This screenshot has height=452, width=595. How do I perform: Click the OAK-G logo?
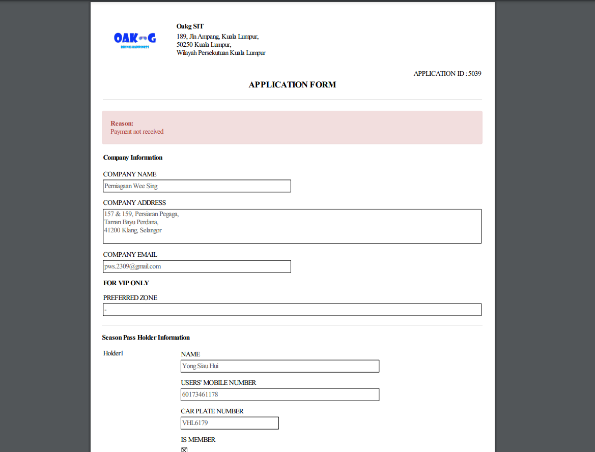[x=135, y=39]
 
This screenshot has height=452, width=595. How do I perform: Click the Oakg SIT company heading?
[x=190, y=26]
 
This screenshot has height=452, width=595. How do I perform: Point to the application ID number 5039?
[x=474, y=74]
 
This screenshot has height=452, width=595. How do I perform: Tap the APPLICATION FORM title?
[x=292, y=85]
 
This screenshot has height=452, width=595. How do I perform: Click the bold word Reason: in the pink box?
[x=122, y=124]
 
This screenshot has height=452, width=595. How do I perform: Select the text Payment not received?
[x=137, y=132]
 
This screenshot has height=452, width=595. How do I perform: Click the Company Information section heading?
[x=133, y=158]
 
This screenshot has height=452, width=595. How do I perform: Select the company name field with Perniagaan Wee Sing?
[x=197, y=186]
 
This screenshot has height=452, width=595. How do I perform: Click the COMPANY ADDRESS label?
[x=134, y=203]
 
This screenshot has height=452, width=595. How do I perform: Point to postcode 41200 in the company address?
[x=112, y=230]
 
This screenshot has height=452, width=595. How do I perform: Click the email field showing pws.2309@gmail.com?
[x=197, y=266]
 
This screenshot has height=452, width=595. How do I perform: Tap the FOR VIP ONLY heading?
[x=126, y=283]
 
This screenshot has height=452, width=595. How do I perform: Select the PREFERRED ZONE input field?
[x=292, y=310]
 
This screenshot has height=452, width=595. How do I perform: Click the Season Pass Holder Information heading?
[x=146, y=338]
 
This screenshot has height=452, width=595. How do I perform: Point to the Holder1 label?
[x=113, y=353]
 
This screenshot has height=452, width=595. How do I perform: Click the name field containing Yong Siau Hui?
[x=280, y=366]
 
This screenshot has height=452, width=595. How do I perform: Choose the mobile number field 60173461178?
[x=280, y=395]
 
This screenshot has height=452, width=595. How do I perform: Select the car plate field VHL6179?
[x=230, y=423]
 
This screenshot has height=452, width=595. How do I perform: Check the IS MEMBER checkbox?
[x=184, y=449]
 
